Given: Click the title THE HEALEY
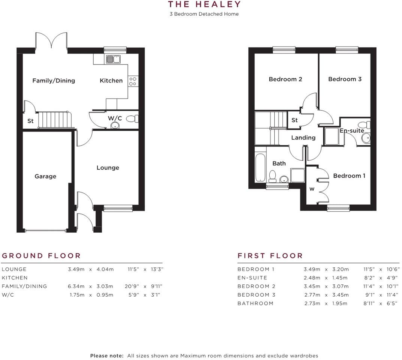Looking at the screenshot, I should [x=204, y=4].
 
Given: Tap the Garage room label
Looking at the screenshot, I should [x=45, y=176].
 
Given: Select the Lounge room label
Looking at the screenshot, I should [x=108, y=168].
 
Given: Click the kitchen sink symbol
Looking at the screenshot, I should [x=113, y=59].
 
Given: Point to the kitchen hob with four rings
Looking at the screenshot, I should [x=133, y=81].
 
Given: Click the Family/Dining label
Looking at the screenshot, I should [x=54, y=81].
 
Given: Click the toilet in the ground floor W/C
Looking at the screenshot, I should [x=132, y=119].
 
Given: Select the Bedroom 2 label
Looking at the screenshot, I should [x=285, y=79].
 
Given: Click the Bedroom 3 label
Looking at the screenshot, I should [x=345, y=79].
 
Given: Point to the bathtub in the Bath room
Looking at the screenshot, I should [x=260, y=167].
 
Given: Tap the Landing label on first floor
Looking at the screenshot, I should [x=303, y=138].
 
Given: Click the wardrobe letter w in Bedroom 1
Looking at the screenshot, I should [x=312, y=189].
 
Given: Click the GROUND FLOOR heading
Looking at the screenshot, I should [x=41, y=256].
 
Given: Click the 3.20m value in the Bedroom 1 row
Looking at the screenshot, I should [x=341, y=269].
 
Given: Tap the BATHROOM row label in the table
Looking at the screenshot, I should [x=256, y=303].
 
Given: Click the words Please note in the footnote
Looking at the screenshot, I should [x=107, y=356].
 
